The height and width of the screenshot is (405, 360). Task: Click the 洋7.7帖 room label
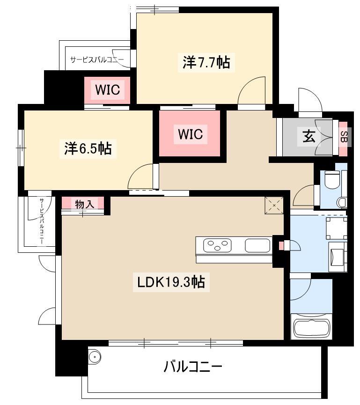pyautogui.click(x=206, y=62)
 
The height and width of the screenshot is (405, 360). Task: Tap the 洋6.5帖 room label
pyautogui.click(x=88, y=148)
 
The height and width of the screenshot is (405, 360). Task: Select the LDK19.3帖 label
pyautogui.click(x=171, y=282)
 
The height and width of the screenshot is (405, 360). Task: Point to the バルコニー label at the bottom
pyautogui.click(x=193, y=367)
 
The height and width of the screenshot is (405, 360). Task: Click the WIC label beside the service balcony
pyautogui.click(x=107, y=90)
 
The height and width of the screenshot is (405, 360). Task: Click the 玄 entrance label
pyautogui.click(x=309, y=136)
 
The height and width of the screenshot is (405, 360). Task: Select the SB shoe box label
pyautogui.click(x=344, y=137)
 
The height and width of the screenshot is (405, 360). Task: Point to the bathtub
pyautogui.click(x=312, y=327)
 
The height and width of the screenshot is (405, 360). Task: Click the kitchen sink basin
pyautogui.click(x=257, y=245)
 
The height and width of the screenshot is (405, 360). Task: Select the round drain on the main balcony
pyautogui.click(x=94, y=357)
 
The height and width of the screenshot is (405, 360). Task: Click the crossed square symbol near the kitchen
pyautogui.click(x=274, y=206)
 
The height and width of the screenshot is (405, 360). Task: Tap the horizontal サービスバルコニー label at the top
pyautogui.click(x=97, y=59)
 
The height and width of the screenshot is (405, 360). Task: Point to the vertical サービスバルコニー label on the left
pyautogui.click(x=42, y=221)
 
